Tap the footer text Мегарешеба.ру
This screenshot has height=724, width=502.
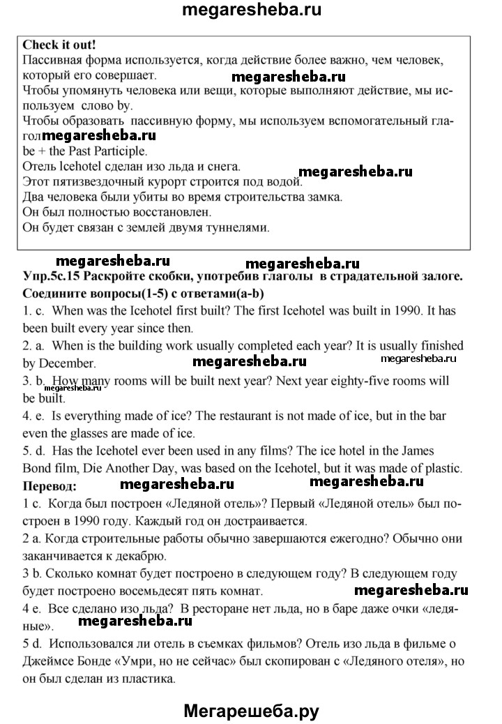pyautogui.click(x=252, y=711)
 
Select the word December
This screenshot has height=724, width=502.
pyautogui.click(x=68, y=363)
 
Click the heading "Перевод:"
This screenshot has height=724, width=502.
pyautogui.click(x=50, y=485)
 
